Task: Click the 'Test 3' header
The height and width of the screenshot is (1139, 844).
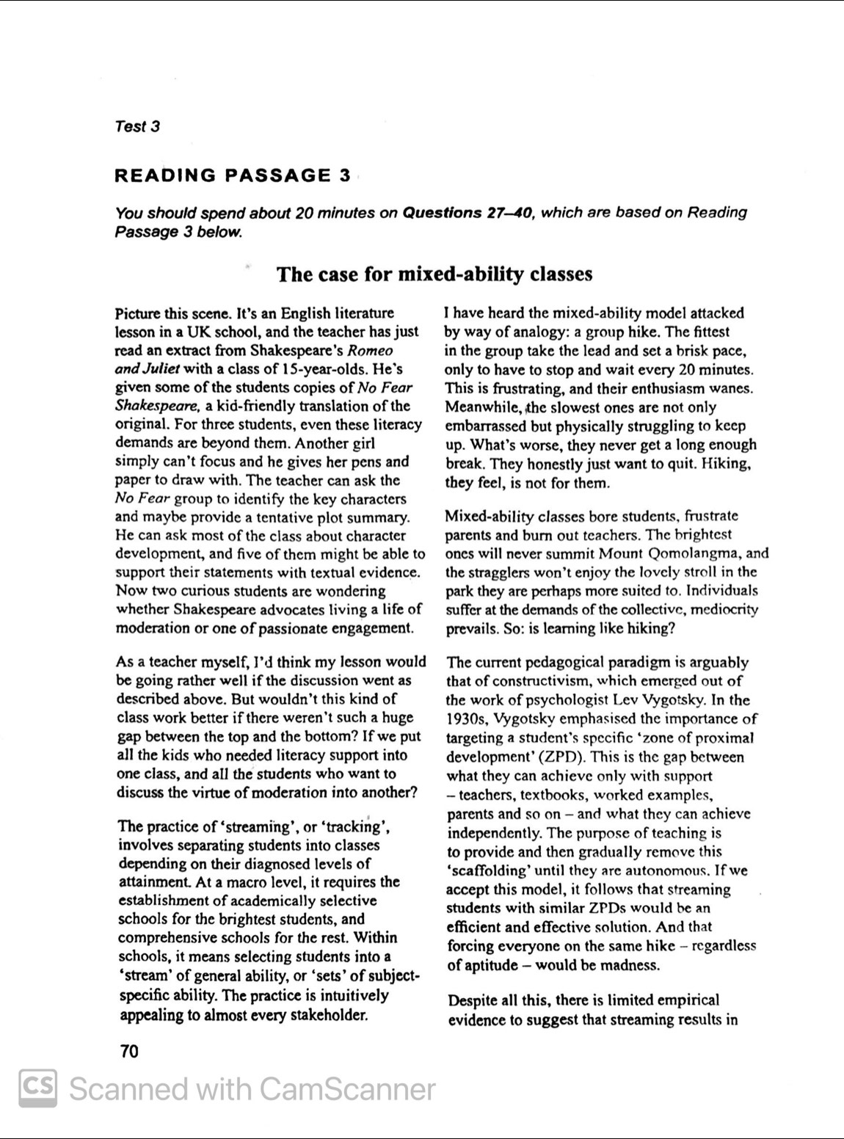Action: [137, 126]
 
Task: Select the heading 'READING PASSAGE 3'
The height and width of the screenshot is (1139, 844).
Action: [233, 175]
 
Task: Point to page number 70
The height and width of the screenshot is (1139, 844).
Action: [128, 1052]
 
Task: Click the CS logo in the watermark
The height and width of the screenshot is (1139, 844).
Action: [37, 1088]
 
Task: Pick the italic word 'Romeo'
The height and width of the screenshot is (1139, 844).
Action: [370, 351]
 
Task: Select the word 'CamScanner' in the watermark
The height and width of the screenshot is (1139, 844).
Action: [347, 1088]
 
